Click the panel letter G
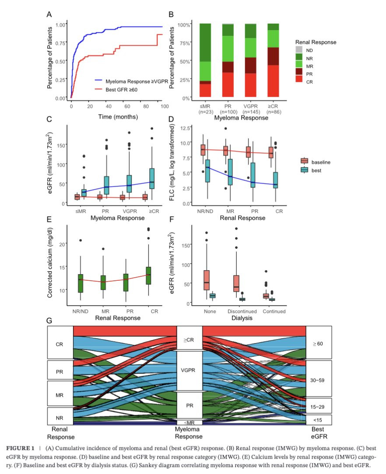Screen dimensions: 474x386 [x=49, y=321]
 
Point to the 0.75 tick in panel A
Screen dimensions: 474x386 [x=61, y=43]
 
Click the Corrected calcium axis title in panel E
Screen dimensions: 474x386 [x=50, y=262]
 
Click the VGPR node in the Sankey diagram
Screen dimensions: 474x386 [x=189, y=370]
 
